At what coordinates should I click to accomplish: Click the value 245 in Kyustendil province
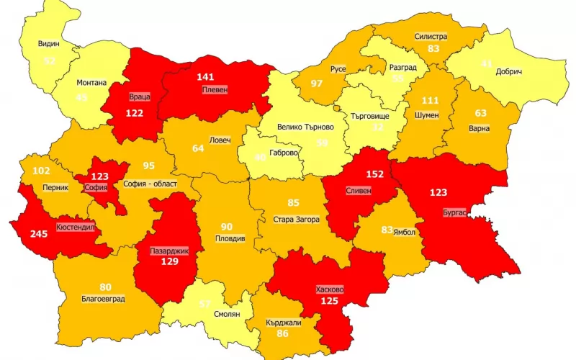click(x=39, y=233)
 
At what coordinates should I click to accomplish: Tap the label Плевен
click(x=214, y=90)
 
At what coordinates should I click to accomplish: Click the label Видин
click(x=49, y=43)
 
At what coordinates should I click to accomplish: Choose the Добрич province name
click(x=508, y=72)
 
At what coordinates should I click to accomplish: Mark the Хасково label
click(x=330, y=289)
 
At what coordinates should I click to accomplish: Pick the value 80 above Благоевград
click(x=105, y=287)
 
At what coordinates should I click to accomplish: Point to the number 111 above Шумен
click(x=430, y=100)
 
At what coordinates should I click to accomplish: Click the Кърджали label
click(x=283, y=323)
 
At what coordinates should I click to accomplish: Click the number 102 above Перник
click(x=41, y=171)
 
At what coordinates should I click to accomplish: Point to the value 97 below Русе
click(x=316, y=84)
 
